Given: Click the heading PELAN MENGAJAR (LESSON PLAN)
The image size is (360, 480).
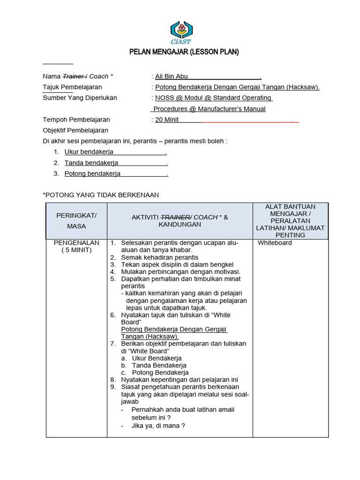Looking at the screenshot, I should tap(184, 52).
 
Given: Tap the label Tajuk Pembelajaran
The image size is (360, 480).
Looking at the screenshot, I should tap(72, 87).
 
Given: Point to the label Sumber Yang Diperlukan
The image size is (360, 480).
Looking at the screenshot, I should tap(80, 98).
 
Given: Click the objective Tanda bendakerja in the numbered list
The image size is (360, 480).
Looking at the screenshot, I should tap(91, 163).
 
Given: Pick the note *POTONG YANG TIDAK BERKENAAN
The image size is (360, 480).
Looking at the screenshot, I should tap(101, 195).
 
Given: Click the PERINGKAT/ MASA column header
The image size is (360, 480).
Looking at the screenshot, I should tap(76, 220).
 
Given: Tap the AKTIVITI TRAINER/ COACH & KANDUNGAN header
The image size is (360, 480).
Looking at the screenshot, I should tap(180, 221).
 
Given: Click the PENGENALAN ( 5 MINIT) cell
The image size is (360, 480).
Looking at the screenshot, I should tap(76, 247).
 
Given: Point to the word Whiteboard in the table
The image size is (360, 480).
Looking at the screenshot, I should tap(275, 243).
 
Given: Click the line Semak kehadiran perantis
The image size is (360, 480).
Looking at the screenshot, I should tap(159, 257).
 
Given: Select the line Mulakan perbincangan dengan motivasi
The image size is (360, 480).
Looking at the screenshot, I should tap(180, 271).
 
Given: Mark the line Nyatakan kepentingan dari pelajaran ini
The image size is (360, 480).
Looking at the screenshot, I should tap(180, 380).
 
